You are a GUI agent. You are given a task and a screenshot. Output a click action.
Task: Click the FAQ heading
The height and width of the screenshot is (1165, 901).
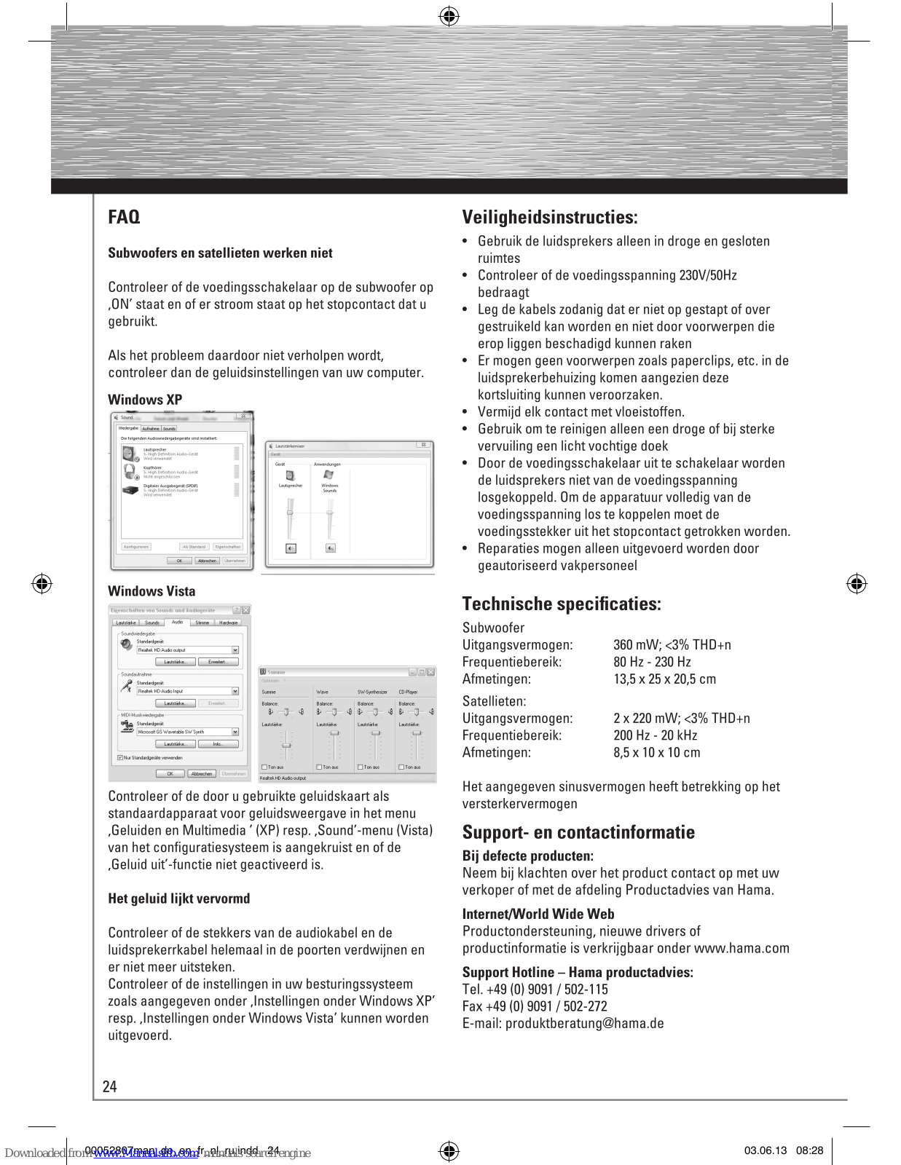[124, 217]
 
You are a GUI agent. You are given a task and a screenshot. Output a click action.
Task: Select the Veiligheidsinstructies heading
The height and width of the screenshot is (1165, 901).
[549, 217]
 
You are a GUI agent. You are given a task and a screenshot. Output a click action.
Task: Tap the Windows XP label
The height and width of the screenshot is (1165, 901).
[145, 400]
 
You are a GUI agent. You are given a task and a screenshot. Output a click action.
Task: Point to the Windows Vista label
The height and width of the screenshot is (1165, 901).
[152, 591]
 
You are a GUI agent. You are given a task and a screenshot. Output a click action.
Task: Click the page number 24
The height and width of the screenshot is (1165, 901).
[109, 1086]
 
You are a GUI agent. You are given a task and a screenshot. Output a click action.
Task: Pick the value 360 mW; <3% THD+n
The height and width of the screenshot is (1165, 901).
[672, 645]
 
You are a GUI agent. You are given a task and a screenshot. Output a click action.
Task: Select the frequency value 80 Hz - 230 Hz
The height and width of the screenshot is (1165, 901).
[652, 662]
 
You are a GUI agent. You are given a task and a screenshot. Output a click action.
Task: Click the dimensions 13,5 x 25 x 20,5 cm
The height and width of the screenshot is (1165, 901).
[664, 679]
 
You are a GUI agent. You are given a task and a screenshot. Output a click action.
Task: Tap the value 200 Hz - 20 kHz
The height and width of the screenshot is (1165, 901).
[655, 735]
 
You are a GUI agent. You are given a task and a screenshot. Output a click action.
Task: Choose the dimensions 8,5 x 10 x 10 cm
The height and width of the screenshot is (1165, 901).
[656, 753]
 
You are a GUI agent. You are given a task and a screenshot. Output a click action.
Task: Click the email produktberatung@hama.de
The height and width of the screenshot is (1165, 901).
[584, 1024]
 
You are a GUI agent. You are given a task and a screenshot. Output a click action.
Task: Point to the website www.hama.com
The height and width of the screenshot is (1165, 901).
[741, 948]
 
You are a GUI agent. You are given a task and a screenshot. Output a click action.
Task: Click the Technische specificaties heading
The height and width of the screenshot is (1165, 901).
[562, 604]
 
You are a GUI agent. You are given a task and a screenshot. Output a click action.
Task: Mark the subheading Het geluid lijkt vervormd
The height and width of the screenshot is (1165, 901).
[178, 899]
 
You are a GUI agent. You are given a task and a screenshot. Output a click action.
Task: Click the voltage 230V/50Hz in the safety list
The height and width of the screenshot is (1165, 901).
[708, 275]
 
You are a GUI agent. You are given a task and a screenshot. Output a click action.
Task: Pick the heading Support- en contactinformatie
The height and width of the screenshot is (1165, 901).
[578, 832]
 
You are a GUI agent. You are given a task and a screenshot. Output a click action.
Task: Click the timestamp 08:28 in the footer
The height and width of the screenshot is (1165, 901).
[809, 1150]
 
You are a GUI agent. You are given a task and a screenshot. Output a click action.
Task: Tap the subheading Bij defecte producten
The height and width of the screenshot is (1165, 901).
[527, 856]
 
